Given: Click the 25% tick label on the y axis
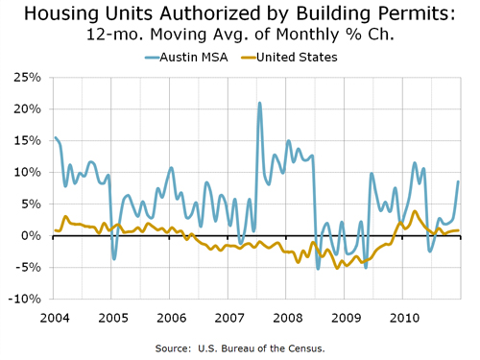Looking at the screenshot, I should (27, 77).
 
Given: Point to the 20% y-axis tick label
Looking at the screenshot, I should (27, 108).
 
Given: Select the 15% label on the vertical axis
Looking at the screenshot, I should (27, 140).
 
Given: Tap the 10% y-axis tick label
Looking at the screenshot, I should (27, 172).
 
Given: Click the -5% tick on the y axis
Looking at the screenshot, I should (27, 267).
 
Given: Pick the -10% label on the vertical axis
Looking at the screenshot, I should (24, 299).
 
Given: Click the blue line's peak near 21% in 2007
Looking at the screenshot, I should (259, 103).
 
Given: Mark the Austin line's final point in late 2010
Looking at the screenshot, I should (459, 181).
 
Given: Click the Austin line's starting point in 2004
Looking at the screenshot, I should (55, 138).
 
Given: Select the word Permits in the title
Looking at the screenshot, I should (420, 15).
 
